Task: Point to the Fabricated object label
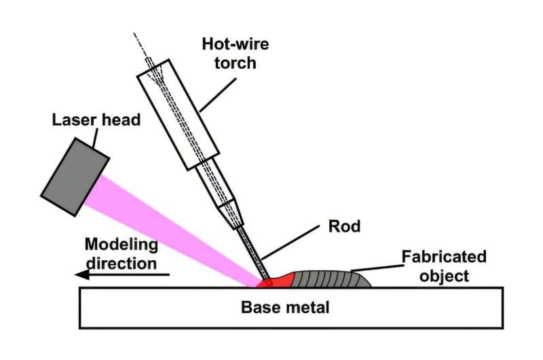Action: (x=444, y=267)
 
